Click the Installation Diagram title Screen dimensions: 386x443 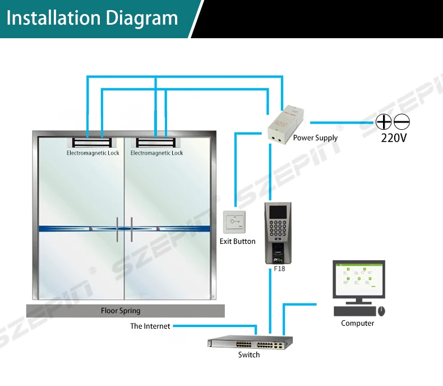(93, 18)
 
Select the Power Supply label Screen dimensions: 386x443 (315, 138)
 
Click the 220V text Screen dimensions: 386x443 (393, 137)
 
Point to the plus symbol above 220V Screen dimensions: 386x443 (384, 121)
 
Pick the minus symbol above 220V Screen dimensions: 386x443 (402, 121)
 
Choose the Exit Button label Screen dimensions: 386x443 (237, 242)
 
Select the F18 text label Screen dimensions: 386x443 (279, 269)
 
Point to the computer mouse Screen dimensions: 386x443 (381, 311)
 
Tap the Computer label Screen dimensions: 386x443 (357, 323)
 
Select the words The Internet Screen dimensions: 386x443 (150, 326)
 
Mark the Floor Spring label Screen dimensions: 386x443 (121, 311)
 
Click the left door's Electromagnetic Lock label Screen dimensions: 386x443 (93, 153)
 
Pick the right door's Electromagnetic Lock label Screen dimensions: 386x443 (156, 153)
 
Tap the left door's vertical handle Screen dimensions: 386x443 (117, 229)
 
